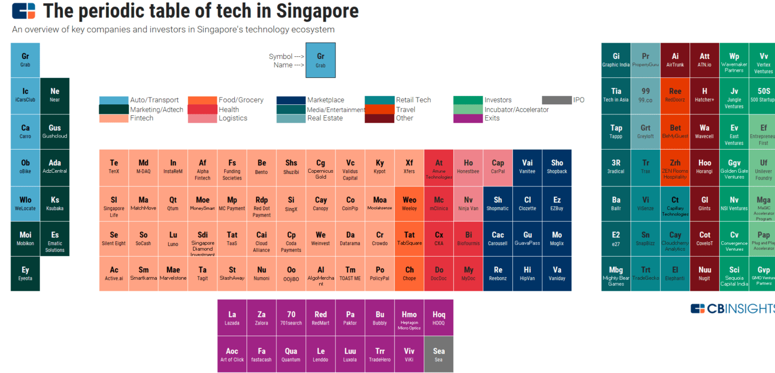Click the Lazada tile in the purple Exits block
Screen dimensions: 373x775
click(x=232, y=318)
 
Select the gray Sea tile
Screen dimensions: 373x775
click(x=438, y=354)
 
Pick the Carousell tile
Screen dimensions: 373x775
click(x=497, y=239)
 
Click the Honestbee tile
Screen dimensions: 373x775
click(x=468, y=168)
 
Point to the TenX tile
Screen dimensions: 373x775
click(x=114, y=168)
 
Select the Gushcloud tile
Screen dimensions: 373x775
click(x=55, y=132)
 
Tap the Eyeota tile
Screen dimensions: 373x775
click(x=25, y=273)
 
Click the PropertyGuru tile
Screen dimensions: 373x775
click(x=645, y=60)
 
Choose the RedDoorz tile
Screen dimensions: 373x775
click(x=675, y=95)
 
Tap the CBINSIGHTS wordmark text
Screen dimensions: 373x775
click(x=742, y=309)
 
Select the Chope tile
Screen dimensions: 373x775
click(x=409, y=273)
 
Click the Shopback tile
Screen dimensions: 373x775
click(x=557, y=168)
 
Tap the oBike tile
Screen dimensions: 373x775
click(x=25, y=168)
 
